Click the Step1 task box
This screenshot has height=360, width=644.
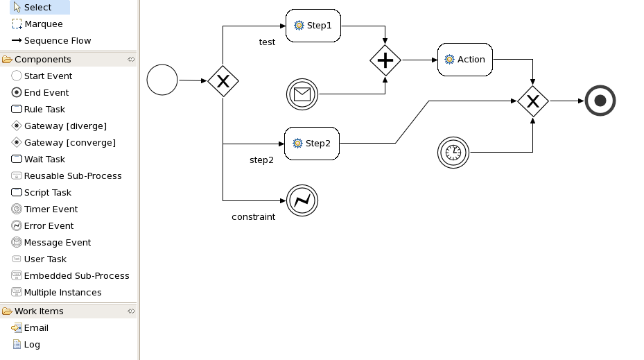[x=313, y=26]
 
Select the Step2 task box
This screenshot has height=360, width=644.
[x=312, y=144]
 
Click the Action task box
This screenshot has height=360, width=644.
[x=465, y=60]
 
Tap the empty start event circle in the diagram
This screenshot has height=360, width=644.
[x=162, y=80]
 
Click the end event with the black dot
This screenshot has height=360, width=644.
[x=600, y=101]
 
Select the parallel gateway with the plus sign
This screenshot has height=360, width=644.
[x=385, y=60]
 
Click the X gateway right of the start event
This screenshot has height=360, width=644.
[x=223, y=81]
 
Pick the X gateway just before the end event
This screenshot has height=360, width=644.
[x=533, y=101]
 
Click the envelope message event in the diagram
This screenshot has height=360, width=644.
[x=302, y=94]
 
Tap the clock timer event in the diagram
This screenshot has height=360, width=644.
[x=453, y=153]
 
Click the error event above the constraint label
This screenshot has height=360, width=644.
[x=302, y=201]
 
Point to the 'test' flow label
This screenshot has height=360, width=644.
[x=267, y=42]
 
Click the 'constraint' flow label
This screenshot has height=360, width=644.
[x=253, y=217]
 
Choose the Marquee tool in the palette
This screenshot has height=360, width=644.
[x=43, y=24]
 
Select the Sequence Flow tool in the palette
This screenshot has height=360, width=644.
[x=57, y=41]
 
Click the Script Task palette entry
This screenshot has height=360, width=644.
[x=47, y=193]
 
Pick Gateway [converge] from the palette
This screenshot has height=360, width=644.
[x=69, y=143]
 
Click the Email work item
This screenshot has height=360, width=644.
[x=36, y=328]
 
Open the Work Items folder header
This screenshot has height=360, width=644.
[x=39, y=311]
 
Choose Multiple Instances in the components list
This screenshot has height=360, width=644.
[x=62, y=293]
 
